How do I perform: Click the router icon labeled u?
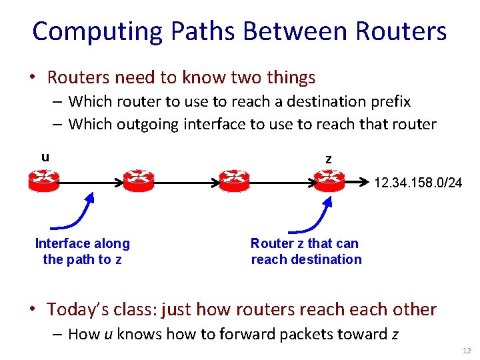coord(44,180)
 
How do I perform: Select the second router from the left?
coord(138,180)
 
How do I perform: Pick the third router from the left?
coord(233,180)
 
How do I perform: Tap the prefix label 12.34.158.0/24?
coord(418,183)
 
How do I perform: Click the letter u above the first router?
coord(45,157)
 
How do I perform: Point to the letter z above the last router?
coord(328,159)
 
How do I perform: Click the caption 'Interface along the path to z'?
coord(82,252)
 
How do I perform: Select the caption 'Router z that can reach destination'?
coord(306,252)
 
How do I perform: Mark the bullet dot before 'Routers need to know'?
coord(31,78)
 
